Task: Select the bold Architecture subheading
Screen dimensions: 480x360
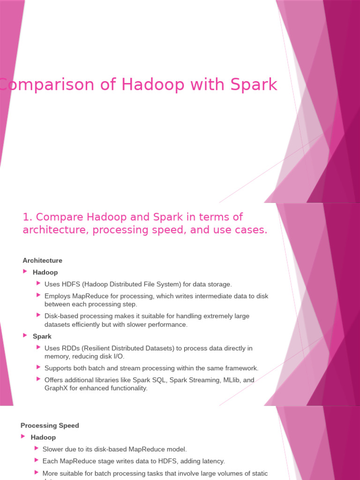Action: click(x=42, y=261)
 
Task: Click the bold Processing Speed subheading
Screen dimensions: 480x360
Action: click(x=50, y=426)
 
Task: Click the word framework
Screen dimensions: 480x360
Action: click(x=241, y=368)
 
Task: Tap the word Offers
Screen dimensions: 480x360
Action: click(x=53, y=380)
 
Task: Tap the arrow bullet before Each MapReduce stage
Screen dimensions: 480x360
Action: click(x=37, y=460)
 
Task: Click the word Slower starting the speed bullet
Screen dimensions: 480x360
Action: click(x=53, y=449)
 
